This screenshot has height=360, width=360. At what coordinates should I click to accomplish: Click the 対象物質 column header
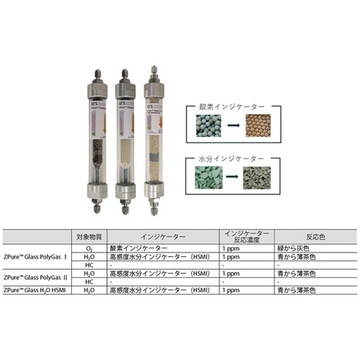tap(89, 235)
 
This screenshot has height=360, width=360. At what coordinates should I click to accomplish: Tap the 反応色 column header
tap(298, 235)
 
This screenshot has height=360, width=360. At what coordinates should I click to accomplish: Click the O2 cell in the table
tap(89, 250)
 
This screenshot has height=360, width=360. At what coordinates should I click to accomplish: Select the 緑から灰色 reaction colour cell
tap(298, 250)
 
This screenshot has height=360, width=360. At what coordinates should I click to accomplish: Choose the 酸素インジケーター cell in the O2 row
tap(141, 250)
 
